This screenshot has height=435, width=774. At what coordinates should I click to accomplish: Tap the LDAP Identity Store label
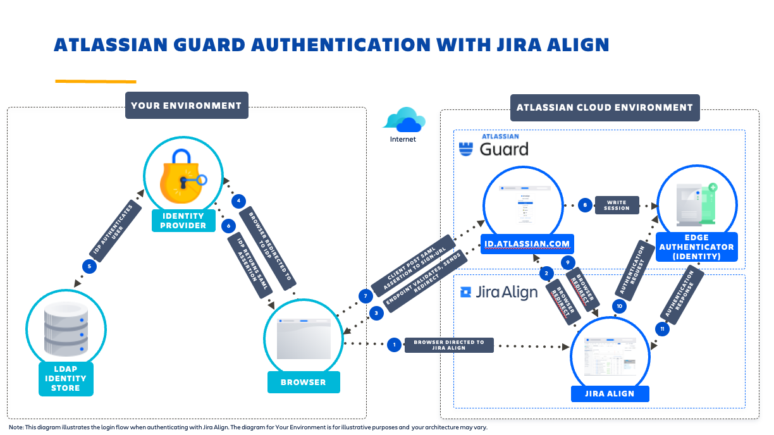coord(66,378)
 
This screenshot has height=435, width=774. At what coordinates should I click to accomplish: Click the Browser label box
coord(303,382)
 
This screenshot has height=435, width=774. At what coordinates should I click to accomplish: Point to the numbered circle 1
coord(395,345)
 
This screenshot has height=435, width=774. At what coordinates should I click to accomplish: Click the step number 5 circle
coord(90,266)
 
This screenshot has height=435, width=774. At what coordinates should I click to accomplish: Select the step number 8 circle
coord(586,205)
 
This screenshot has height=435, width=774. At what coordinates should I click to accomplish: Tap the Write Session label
coord(617,205)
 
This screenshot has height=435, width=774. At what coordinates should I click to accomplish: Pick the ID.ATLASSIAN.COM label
coord(525,243)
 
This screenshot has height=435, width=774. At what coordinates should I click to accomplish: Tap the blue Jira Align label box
coord(610,393)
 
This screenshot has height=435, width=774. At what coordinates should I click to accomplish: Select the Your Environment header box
coord(186,106)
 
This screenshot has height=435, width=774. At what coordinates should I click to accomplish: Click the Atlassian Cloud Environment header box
coord(605,107)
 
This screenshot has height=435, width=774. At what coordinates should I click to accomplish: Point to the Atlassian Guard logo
coord(493,146)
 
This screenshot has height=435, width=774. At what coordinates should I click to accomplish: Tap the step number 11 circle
coord(662,329)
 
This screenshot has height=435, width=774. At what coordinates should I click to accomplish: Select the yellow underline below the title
coord(95,81)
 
